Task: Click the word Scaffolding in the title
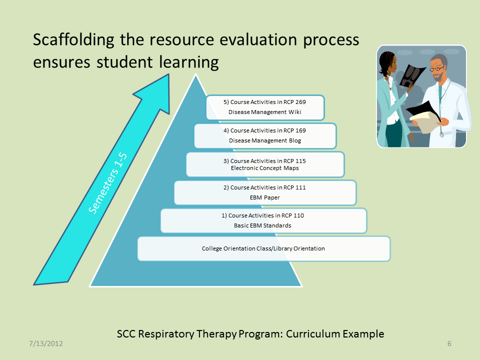pos(73,40)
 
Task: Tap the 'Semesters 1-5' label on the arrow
pos(107,183)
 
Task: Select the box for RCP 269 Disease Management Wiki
pos(265,107)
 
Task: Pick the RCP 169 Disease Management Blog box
pos(265,136)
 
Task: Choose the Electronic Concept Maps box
pos(265,164)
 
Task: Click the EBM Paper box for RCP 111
pos(265,192)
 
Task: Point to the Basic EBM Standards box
pos(263,220)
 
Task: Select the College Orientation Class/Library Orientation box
pos(264,248)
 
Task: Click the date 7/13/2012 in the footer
pos(46,343)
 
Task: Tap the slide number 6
pos(449,343)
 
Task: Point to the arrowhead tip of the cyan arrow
pos(168,74)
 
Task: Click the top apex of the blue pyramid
pos(195,74)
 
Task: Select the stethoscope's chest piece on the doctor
pos(441,134)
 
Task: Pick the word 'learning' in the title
pos(189,62)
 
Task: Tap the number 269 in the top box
pos(300,102)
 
